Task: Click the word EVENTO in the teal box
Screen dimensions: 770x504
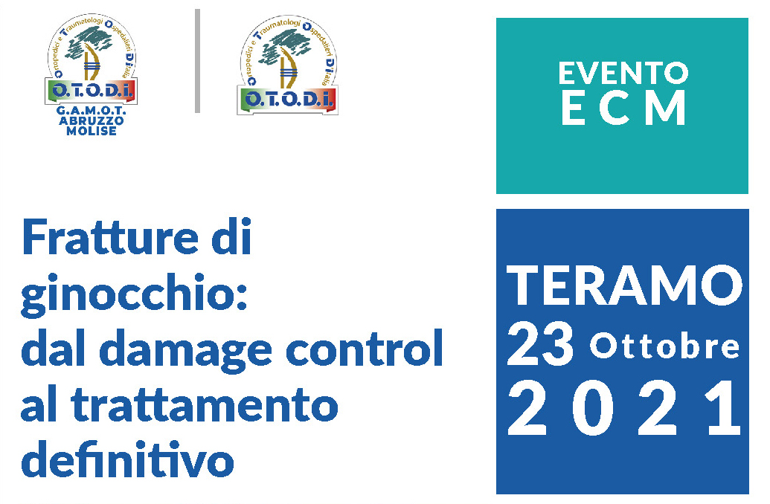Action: (623, 73)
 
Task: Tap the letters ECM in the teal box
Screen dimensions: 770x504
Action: (623, 108)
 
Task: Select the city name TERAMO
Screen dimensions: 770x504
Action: (624, 285)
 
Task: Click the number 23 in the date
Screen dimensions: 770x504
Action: (539, 344)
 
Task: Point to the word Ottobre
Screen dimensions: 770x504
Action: (664, 346)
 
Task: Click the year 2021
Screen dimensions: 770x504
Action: (624, 409)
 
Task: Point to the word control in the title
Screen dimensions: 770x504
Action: (365, 347)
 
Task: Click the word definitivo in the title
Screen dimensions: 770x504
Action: (127, 459)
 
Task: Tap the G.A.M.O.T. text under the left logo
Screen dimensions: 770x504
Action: (92, 111)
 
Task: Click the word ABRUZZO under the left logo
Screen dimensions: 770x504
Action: (92, 120)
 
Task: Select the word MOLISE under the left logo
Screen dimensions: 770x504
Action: (92, 131)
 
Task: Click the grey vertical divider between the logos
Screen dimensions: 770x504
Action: (197, 61)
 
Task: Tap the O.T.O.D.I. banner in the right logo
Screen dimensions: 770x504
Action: (287, 100)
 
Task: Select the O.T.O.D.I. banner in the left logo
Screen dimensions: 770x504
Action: (92, 91)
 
